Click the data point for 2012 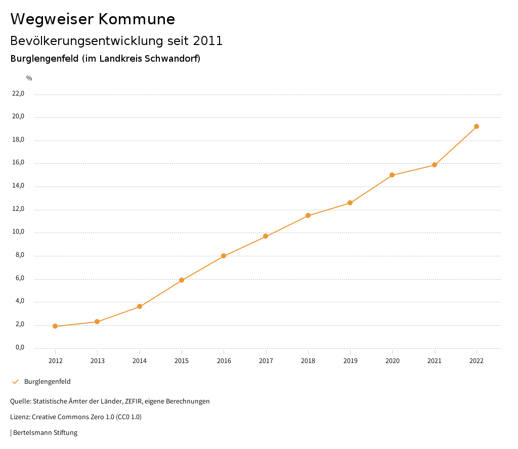(x=55, y=326)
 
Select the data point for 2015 (x=182, y=280)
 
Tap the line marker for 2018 (x=308, y=215)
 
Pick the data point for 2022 (x=477, y=126)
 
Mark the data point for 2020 (x=392, y=175)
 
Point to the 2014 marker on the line (x=140, y=306)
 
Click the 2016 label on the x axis (x=224, y=361)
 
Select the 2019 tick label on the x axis (x=350, y=361)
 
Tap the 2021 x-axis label (x=435, y=361)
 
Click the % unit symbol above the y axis (x=29, y=78)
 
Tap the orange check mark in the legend (x=15, y=382)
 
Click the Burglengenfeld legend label (x=48, y=382)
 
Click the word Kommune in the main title (x=137, y=19)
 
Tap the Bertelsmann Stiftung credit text (x=45, y=433)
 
